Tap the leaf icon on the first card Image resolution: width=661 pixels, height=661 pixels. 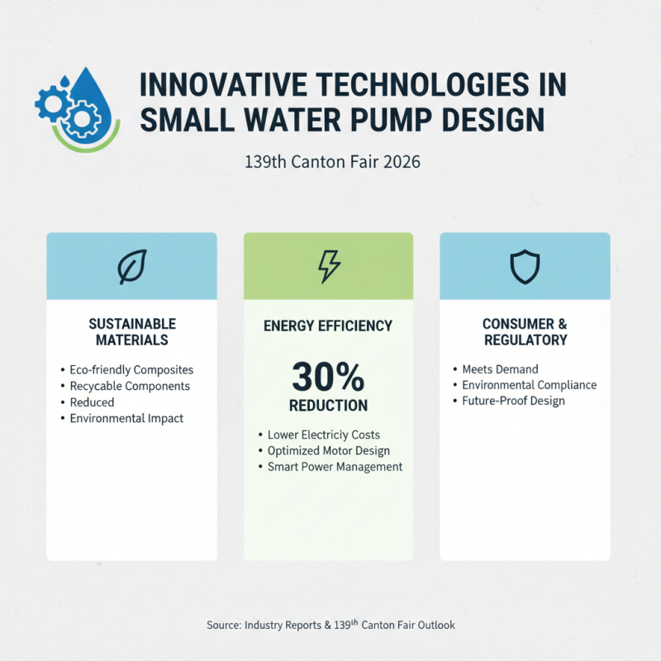[132, 266]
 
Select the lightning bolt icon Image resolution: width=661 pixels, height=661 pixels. [329, 266]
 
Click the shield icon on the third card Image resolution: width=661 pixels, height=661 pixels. [525, 266]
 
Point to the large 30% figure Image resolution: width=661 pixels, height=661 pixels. [328, 378]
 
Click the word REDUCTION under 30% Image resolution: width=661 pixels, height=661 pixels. [328, 406]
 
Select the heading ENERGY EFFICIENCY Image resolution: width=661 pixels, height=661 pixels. [328, 326]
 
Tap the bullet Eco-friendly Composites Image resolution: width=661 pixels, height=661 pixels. [131, 370]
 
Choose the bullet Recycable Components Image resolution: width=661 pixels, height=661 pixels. [130, 386]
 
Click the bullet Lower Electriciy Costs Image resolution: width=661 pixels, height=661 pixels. [324, 435]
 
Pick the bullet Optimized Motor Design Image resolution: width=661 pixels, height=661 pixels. [328, 450]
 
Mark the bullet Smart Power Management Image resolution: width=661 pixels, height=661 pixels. [335, 467]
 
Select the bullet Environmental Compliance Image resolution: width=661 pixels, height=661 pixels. [529, 385]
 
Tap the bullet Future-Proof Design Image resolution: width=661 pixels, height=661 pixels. [513, 401]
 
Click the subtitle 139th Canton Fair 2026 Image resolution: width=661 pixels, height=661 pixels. [332, 162]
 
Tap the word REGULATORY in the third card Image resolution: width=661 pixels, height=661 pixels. [525, 340]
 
